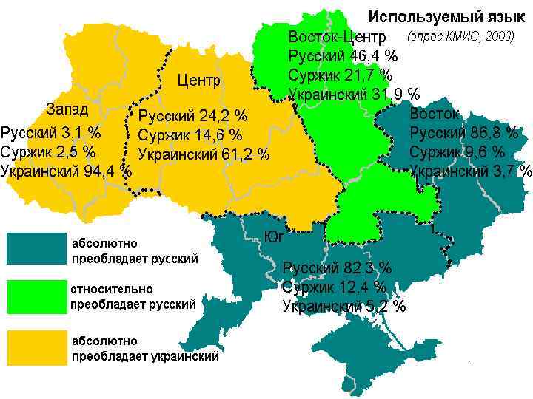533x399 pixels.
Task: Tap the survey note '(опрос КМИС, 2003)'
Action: pyautogui.click(x=460, y=36)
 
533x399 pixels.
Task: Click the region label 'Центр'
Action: pyautogui.click(x=199, y=80)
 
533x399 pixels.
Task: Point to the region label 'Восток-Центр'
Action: pyautogui.click(x=338, y=37)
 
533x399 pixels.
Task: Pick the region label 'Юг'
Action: pyautogui.click(x=275, y=236)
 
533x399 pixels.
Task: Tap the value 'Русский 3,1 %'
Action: pyautogui.click(x=51, y=133)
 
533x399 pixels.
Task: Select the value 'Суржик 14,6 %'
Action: pyautogui.click(x=190, y=135)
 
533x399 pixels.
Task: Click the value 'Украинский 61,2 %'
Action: pyautogui.click(x=204, y=154)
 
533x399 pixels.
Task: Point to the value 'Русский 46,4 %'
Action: pyautogui.click(x=343, y=56)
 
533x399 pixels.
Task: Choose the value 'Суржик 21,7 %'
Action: pyautogui.click(x=340, y=75)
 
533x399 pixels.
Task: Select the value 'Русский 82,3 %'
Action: pyautogui.click(x=337, y=267)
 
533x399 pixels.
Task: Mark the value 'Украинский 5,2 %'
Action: pyautogui.click(x=343, y=306)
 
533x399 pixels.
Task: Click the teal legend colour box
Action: pyautogui.click(x=36, y=249)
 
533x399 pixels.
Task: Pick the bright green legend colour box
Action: pyautogui.click(x=36, y=296)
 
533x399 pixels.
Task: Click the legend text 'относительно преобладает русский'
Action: pyautogui.click(x=133, y=296)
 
